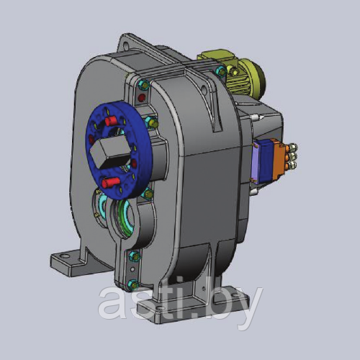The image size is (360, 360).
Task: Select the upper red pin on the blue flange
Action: click(111, 122)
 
